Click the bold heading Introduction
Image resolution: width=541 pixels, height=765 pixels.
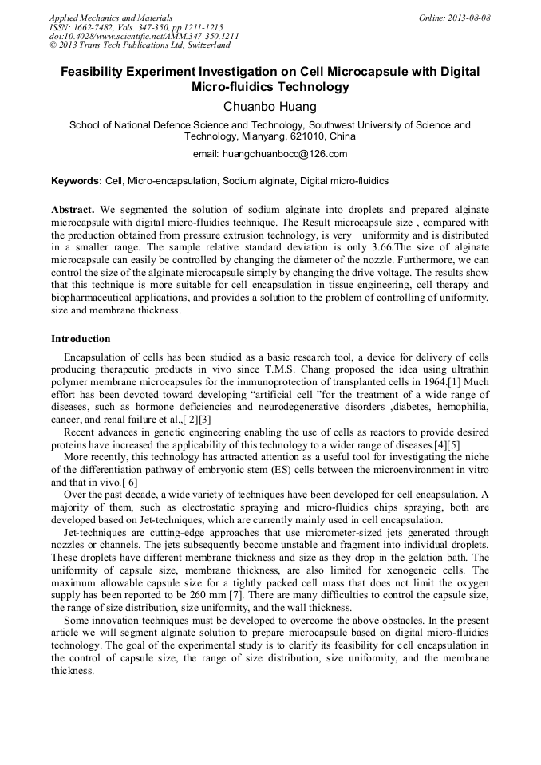click(81, 339)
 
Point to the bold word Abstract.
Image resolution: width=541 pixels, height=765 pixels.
click(73, 208)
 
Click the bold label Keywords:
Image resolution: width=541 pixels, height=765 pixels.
click(76, 182)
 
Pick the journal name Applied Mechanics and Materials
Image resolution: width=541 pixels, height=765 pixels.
click(110, 18)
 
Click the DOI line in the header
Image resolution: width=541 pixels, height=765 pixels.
click(144, 36)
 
